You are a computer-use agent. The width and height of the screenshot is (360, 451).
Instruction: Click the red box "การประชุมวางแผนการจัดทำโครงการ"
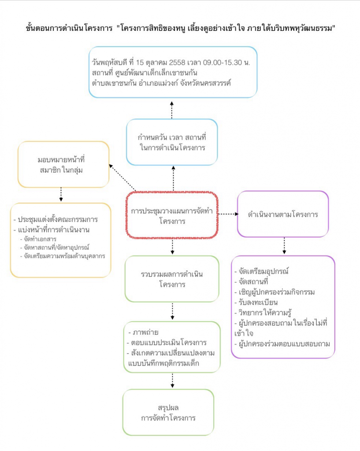click(x=172, y=216)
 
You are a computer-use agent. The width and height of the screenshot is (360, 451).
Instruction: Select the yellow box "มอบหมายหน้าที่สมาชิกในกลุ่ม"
click(x=63, y=164)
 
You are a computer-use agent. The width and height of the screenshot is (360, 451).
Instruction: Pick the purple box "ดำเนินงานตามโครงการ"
click(x=283, y=214)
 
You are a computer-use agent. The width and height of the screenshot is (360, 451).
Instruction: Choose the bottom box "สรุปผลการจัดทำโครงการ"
click(x=168, y=412)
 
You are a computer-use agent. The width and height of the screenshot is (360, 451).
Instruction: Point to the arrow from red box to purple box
click(x=228, y=214)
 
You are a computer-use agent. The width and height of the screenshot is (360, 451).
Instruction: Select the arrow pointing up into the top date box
click(x=172, y=108)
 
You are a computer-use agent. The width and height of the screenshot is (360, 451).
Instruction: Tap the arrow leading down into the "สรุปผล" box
click(x=172, y=380)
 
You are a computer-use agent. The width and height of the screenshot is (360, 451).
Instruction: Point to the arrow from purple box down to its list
click(x=284, y=246)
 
